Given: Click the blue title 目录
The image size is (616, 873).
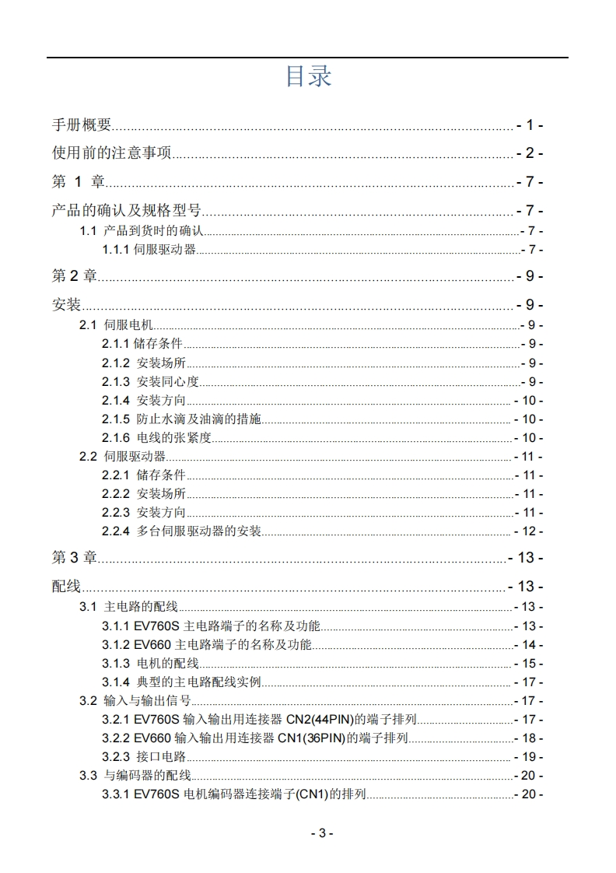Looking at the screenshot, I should (x=308, y=76).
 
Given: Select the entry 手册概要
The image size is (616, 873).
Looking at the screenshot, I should (x=82, y=125).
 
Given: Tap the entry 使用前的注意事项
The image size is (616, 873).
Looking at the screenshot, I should (x=111, y=153).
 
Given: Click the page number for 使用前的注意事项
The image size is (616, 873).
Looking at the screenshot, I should (x=529, y=153).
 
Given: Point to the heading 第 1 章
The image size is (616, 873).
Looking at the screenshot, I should (x=78, y=182).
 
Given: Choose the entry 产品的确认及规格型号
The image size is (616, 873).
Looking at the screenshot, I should (x=127, y=211).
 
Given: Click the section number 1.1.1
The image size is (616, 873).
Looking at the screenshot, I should (x=116, y=250).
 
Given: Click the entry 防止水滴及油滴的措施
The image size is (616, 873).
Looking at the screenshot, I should (x=199, y=419).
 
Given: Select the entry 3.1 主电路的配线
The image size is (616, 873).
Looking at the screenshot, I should (x=129, y=607).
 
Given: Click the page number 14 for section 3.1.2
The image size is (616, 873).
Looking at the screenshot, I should (x=529, y=644).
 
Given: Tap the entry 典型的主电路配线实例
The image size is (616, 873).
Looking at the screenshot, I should (x=199, y=682).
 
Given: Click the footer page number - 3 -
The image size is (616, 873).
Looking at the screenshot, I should (x=322, y=833).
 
